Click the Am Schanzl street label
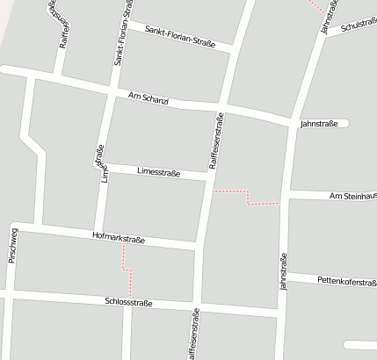[x=148, y=98]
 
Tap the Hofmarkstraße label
[x=119, y=237]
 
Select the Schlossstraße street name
[x=129, y=302]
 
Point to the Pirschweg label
[x=12, y=245]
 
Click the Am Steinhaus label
[x=352, y=196]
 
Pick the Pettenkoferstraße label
[x=347, y=281]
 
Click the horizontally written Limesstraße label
[x=158, y=173]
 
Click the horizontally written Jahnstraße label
[x=319, y=124]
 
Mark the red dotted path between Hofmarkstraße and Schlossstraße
[x=128, y=270]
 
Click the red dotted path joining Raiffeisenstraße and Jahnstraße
[x=249, y=197]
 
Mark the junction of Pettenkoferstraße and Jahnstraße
[x=282, y=276]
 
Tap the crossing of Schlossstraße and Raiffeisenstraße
[x=195, y=306]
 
